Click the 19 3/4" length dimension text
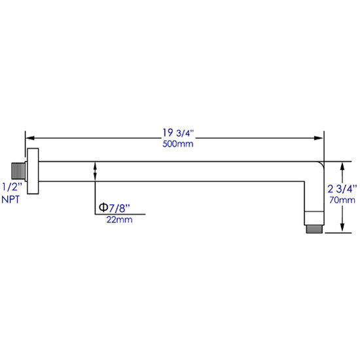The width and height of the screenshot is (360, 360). pyautogui.click(x=178, y=133)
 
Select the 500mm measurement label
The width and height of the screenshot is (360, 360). pyautogui.click(x=178, y=144)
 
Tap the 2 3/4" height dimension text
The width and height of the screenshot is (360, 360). pyautogui.click(x=342, y=189)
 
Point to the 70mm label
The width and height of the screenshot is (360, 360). pyautogui.click(x=342, y=200)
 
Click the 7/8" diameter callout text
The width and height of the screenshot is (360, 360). pyautogui.click(x=119, y=208)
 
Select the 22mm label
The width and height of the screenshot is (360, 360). pyautogui.click(x=119, y=220)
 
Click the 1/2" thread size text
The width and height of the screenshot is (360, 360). pyautogui.click(x=12, y=187)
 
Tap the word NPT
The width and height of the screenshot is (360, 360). pyautogui.click(x=10, y=200)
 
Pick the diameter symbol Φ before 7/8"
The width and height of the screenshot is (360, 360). pyautogui.click(x=103, y=207)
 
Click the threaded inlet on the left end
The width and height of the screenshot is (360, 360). pyautogui.click(x=18, y=171)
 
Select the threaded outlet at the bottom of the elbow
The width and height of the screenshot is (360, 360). pyautogui.click(x=314, y=229)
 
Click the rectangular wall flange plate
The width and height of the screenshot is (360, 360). pyautogui.click(x=33, y=171)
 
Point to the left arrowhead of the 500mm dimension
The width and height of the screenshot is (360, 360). pyautogui.click(x=30, y=138)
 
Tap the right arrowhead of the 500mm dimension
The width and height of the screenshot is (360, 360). pyautogui.click(x=319, y=138)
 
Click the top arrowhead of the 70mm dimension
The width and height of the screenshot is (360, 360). pyautogui.click(x=342, y=166)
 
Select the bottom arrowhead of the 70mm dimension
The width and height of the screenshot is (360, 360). pyautogui.click(x=342, y=228)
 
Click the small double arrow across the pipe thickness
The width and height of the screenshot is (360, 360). pyautogui.click(x=95, y=171)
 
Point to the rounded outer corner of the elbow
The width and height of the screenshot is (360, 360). pyautogui.click(x=321, y=164)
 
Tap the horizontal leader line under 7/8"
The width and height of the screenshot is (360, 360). pyautogui.click(x=120, y=214)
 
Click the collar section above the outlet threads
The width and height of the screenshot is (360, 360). pyautogui.click(x=314, y=218)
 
